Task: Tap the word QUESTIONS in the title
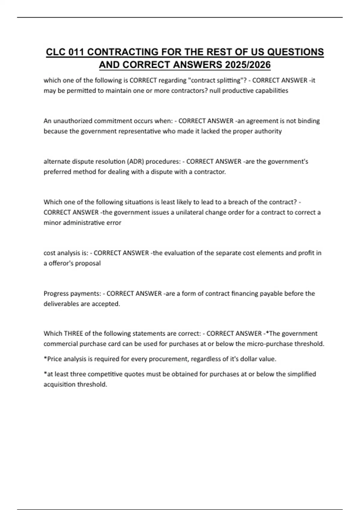pyautogui.click(x=295, y=52)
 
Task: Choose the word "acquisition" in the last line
pyautogui.click(x=59, y=385)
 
